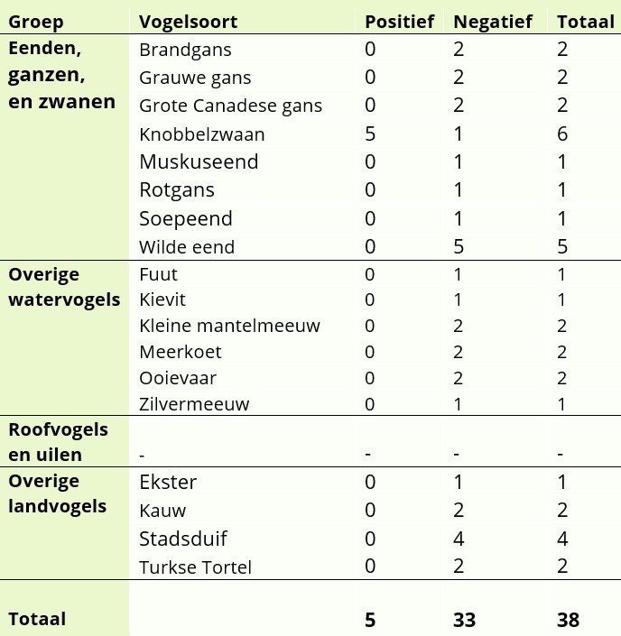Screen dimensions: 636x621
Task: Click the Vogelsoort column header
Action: [188, 22]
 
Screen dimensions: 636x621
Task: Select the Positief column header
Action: [399, 22]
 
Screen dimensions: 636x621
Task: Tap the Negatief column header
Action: [493, 22]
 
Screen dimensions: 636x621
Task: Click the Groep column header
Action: [35, 22]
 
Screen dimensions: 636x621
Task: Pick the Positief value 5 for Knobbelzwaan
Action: [370, 134]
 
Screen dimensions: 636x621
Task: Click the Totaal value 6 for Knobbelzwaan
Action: [562, 134]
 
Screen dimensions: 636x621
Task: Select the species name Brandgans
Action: [185, 50]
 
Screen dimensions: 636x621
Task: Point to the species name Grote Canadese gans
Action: [230, 106]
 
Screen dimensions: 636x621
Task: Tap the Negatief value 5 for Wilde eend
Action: [459, 246]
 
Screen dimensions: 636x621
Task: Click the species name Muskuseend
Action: [199, 162]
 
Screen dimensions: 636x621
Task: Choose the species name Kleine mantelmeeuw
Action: [229, 326]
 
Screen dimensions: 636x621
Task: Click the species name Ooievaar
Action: [178, 378]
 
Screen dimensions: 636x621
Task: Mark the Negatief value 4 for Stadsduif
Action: [459, 539]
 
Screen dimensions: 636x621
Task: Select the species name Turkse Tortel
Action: [195, 567]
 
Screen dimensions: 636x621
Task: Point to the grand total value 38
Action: [569, 620]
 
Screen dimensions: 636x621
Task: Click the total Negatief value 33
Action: [464, 620]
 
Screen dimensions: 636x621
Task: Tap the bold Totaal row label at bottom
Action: [37, 620]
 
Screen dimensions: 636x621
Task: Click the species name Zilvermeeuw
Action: [194, 404]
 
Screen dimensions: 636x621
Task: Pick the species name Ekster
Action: [168, 483]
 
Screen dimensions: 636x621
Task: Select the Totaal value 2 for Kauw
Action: [562, 512]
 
